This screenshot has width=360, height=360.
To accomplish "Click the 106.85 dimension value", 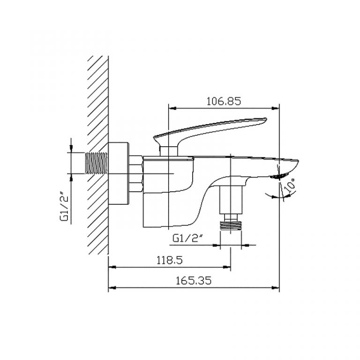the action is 224,101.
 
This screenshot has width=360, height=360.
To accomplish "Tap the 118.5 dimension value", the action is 170,260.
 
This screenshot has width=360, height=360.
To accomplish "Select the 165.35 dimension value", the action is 194,281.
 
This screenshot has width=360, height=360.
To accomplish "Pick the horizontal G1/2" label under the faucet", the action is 188,239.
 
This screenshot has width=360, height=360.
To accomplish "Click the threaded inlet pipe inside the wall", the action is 96,163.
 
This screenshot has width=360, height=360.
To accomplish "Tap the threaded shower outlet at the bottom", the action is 231,225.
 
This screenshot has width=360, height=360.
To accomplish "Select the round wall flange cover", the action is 118,173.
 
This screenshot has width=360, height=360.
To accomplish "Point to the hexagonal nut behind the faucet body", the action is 136,173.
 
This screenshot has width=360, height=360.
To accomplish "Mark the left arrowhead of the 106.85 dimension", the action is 172,108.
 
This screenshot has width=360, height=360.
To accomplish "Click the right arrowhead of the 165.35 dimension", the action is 276,287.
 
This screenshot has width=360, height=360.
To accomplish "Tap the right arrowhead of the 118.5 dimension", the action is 227,267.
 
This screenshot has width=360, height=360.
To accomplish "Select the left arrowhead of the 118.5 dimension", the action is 112,267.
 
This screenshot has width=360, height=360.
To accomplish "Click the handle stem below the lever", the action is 169,151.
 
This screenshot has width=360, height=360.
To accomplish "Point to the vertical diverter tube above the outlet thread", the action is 231,200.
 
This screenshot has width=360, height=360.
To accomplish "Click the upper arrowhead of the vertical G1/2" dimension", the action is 71,149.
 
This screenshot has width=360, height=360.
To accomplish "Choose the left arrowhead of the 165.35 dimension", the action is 112,287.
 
